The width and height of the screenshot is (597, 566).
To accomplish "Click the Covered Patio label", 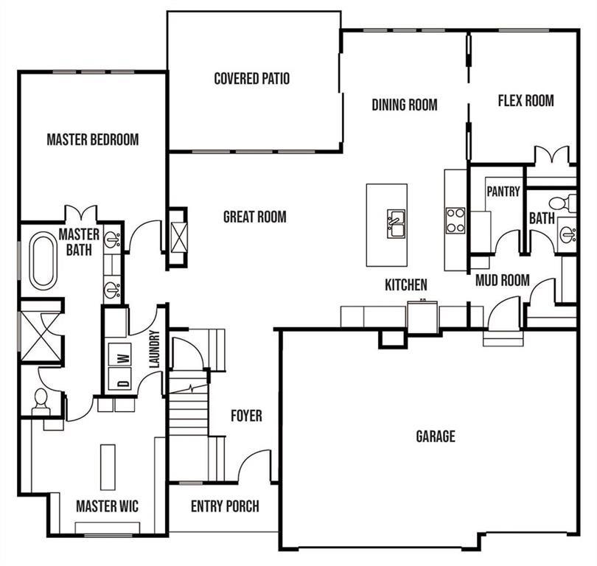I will [x=251, y=79].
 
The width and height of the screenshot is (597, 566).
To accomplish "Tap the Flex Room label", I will [x=526, y=101].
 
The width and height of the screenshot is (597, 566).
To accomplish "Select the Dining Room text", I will [x=404, y=105].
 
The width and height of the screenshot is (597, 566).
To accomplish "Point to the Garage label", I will [x=435, y=436].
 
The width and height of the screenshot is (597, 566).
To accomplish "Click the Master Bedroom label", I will [x=92, y=139].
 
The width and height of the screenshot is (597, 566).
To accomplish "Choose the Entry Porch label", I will [x=225, y=506].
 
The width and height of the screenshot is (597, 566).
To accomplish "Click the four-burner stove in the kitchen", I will [x=455, y=220].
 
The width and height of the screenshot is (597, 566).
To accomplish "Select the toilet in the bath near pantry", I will [x=564, y=202].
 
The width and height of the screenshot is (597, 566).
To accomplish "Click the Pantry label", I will [x=503, y=192].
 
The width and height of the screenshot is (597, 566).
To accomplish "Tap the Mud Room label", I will [x=502, y=280].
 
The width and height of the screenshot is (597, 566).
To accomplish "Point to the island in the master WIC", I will [x=108, y=467].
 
